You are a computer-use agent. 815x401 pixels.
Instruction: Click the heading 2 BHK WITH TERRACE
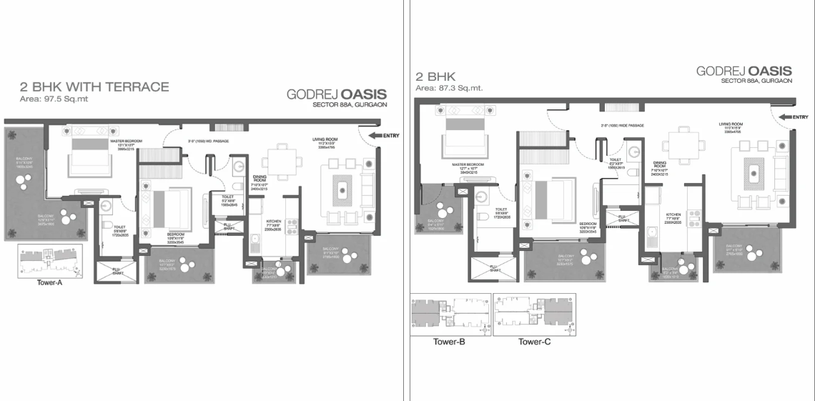click(x=94, y=87)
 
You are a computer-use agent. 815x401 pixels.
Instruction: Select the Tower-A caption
click(x=51, y=282)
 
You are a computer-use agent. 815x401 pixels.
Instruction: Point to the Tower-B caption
click(x=450, y=342)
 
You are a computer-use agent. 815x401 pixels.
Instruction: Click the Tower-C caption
click(x=534, y=342)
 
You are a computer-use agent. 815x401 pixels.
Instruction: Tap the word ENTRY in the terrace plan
click(x=391, y=135)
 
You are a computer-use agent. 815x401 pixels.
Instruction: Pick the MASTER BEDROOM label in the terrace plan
click(x=129, y=142)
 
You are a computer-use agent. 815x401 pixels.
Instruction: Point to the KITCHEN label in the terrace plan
click(x=273, y=222)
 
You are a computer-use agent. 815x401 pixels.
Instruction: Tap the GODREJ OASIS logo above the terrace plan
click(x=336, y=94)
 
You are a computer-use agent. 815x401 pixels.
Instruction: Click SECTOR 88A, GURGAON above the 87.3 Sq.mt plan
click(x=756, y=81)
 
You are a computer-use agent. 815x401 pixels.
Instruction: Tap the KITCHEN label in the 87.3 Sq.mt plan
click(x=673, y=214)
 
